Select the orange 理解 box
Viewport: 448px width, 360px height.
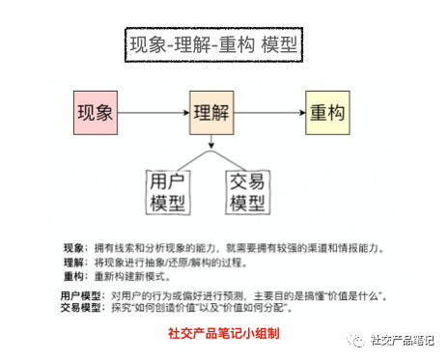click(x=210, y=113)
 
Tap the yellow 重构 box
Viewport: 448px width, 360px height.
click(x=327, y=113)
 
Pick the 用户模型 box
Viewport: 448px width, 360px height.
click(x=168, y=192)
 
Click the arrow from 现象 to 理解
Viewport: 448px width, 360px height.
click(x=153, y=113)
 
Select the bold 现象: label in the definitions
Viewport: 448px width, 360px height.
click(x=74, y=248)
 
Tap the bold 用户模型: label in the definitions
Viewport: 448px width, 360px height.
click(x=81, y=294)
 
